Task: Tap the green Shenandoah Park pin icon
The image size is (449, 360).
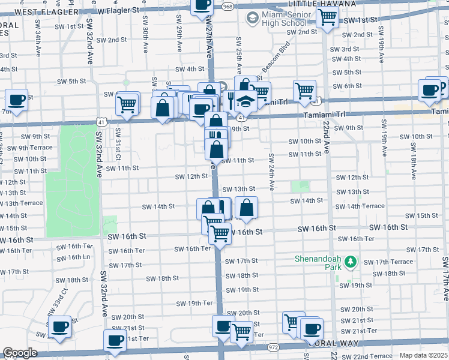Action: [352, 262]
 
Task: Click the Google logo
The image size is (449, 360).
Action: [20, 353]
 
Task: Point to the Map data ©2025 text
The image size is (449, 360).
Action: [423, 355]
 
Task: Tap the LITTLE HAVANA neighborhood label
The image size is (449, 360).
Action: [318, 4]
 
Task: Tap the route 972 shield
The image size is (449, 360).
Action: [274, 347]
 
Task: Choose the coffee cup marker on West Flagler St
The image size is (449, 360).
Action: [202, 5]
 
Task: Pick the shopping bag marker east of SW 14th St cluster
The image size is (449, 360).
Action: [246, 208]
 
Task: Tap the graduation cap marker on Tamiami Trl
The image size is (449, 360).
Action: [246, 100]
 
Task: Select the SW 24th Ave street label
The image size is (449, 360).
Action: [271, 172]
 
